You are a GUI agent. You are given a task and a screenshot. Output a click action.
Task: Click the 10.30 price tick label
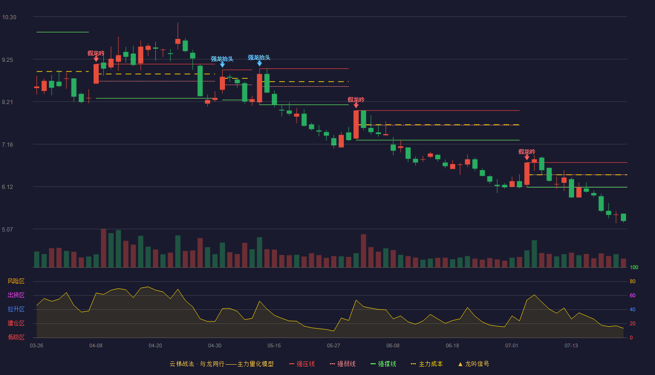[x=9, y=17]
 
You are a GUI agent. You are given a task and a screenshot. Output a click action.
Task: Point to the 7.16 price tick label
[x=7, y=145]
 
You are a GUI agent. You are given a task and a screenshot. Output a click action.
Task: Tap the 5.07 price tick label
[x=7, y=230]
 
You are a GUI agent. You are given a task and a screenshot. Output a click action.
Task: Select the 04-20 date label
[x=155, y=346]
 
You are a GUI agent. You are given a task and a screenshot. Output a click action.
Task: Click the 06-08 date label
[x=393, y=346]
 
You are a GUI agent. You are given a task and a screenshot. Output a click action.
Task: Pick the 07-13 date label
[x=571, y=346]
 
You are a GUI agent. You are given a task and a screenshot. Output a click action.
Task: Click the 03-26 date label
[x=36, y=346]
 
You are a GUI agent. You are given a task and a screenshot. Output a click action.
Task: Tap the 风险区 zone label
[x=16, y=281]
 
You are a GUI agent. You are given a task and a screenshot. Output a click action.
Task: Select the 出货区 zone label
[x=16, y=295]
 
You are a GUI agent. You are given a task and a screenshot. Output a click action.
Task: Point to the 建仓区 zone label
[x=16, y=323]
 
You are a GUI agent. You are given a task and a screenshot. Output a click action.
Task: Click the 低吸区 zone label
[x=16, y=337]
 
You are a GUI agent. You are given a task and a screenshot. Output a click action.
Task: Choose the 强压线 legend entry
[x=302, y=364]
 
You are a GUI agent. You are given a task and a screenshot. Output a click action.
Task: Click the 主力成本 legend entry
[x=427, y=364]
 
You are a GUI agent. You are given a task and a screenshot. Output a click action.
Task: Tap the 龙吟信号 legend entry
[x=473, y=364]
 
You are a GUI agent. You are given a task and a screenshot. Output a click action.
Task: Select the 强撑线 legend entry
[x=383, y=364]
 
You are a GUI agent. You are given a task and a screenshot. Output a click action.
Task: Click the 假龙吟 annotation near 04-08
[x=96, y=53]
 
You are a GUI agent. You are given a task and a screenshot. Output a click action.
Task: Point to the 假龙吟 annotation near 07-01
[x=527, y=152]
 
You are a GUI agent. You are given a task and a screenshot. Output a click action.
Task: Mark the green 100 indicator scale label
[x=634, y=268]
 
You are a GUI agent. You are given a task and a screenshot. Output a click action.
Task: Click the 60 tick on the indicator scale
[x=633, y=295]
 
